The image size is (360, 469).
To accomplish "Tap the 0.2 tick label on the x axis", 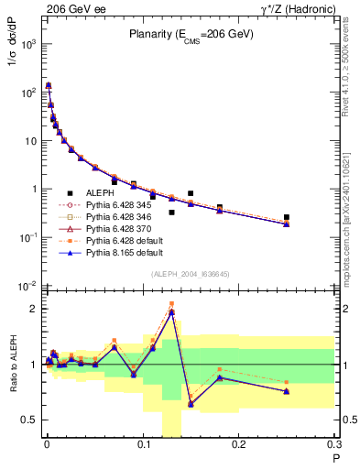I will (x=238, y=446).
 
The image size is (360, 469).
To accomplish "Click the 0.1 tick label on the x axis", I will (x=142, y=446).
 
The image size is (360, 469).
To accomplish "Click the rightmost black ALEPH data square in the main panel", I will (x=287, y=217).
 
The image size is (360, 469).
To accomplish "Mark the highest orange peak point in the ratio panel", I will (x=171, y=303).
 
